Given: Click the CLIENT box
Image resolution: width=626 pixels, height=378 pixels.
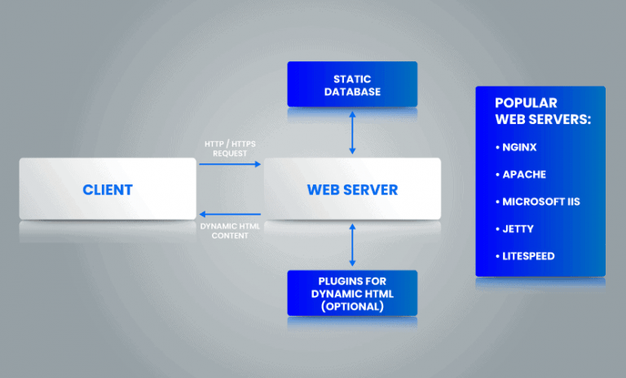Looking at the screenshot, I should tap(108, 189).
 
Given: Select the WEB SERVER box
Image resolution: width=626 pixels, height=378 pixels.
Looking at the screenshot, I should tap(352, 189).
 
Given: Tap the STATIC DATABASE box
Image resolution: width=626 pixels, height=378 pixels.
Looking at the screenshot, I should tap(352, 84).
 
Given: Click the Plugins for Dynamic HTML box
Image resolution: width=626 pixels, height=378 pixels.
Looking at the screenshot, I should tap(352, 293).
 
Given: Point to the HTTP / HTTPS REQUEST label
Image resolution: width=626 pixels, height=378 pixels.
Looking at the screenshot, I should tap(230, 148).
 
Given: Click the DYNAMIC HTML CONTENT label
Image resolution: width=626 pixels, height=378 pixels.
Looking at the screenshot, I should tap(230, 230).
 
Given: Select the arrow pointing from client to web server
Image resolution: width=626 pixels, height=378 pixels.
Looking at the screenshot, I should tap(230, 164).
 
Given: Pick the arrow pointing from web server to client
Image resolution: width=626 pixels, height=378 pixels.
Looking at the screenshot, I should tap(230, 215).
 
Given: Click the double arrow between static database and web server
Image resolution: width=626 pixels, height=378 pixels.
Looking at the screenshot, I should tap(352, 132).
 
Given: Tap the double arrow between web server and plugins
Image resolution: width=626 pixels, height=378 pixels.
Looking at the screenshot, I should tap(352, 246).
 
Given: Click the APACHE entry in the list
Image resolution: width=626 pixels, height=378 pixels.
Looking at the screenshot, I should tap(522, 175).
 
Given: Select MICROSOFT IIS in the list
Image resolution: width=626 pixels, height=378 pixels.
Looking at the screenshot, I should tap(540, 202).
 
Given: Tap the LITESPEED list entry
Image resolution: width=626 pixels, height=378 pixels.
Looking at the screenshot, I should tap(527, 256).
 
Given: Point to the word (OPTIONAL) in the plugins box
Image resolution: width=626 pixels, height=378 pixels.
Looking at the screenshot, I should tap(352, 306).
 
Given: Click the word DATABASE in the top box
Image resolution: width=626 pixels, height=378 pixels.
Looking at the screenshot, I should tap(352, 91).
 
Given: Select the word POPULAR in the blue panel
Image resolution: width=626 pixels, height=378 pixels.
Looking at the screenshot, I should tap(526, 103).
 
